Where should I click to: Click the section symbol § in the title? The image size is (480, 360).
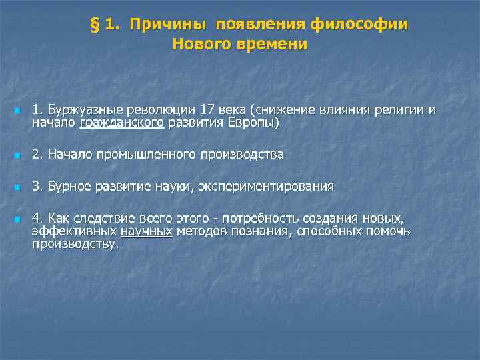click(x=94, y=25)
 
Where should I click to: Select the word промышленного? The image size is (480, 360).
click(x=150, y=155)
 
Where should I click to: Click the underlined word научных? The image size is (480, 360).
click(x=146, y=231)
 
